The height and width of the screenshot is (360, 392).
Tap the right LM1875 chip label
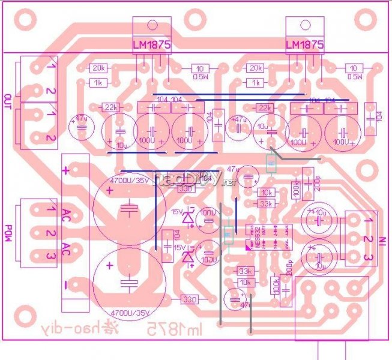point(304,46)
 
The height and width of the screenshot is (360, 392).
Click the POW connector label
point(8,229)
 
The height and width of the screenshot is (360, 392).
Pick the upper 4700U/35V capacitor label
point(127,180)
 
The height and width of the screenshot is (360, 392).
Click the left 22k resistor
point(110,107)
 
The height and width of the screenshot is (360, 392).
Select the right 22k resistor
point(264,108)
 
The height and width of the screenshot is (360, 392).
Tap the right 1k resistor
point(257,82)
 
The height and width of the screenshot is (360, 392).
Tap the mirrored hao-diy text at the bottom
point(64,329)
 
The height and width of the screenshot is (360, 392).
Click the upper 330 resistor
point(187,189)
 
